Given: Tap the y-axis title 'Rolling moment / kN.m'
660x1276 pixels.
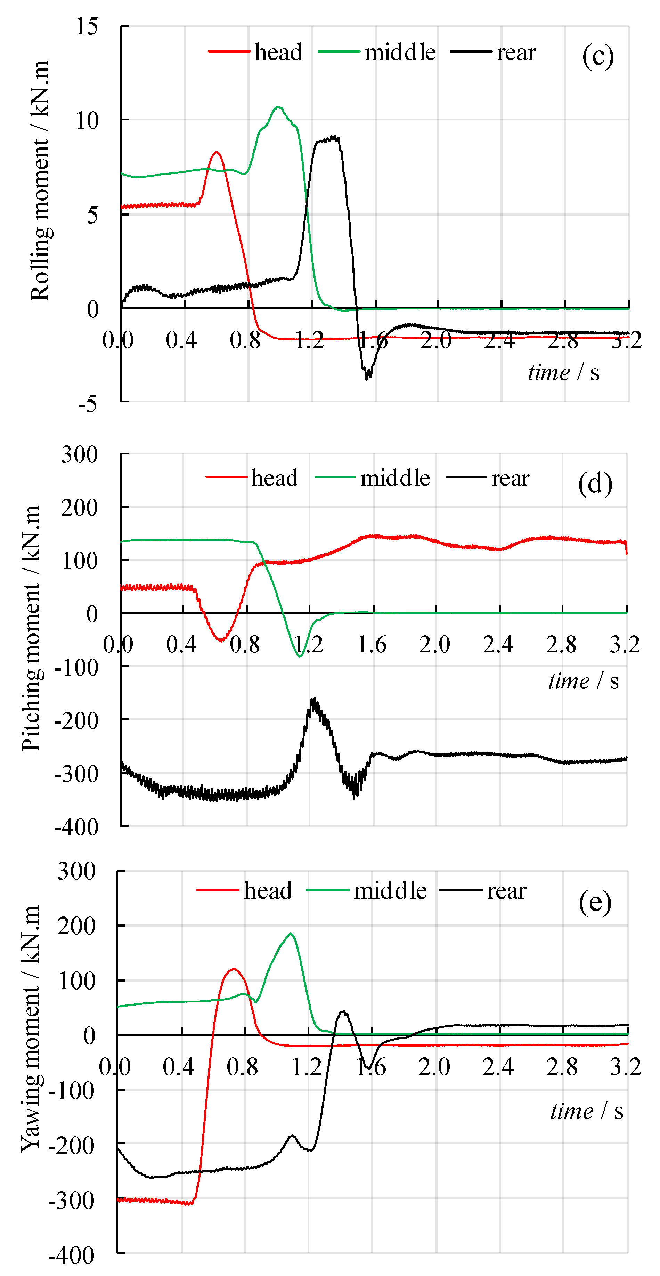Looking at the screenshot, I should pos(40,181).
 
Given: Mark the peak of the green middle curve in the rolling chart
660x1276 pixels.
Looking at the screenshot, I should pos(278,106).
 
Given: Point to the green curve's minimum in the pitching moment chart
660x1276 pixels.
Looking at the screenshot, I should pos(300,656).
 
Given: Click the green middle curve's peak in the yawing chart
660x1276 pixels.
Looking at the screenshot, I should pos(291,934).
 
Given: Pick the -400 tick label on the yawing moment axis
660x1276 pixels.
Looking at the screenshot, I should pos(72,1256).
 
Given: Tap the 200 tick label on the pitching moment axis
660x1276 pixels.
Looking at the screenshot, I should pos(79,507).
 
